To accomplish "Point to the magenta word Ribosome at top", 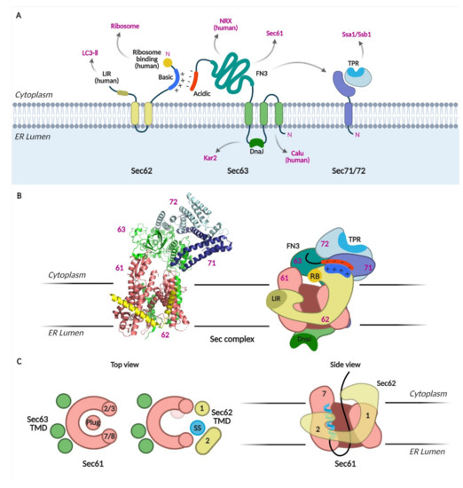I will tap(123, 28).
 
